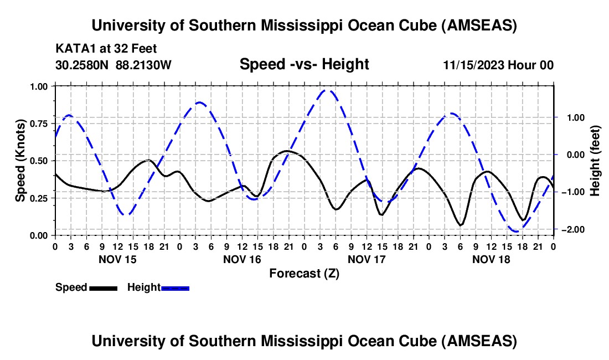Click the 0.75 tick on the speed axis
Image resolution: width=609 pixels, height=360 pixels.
pos(41,124)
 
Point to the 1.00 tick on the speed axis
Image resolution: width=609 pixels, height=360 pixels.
pos(41,86)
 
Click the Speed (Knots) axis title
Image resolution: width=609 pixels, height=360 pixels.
pos(20,161)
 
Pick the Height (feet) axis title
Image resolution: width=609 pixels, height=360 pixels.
pos(595,161)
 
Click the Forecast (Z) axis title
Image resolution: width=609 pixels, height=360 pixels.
pos(304,273)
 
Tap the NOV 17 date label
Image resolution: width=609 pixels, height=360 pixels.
pos(367,259)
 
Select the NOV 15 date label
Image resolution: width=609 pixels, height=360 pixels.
pos(117,259)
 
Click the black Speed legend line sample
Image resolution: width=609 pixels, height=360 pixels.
pos(103,287)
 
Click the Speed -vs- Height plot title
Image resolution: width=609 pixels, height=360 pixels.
pos(304,64)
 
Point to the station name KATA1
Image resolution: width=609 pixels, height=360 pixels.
pos(73,48)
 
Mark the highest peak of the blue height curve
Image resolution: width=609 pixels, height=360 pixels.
pos(328,90)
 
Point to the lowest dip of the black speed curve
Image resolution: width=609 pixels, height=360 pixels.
pos(461,225)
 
